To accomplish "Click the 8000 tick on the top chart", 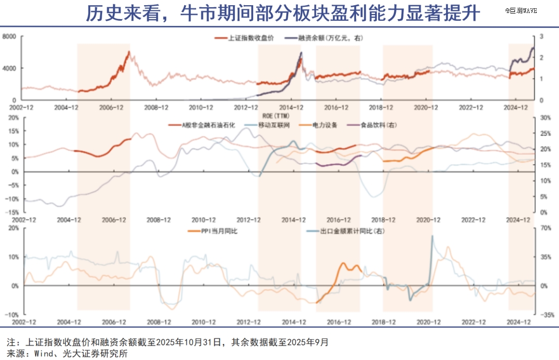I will coord(10,36).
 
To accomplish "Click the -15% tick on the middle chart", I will coord(12,212).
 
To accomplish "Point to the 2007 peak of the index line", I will coord(128,51).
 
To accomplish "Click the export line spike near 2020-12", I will coord(432,237).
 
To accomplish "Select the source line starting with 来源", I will coord(67,353).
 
